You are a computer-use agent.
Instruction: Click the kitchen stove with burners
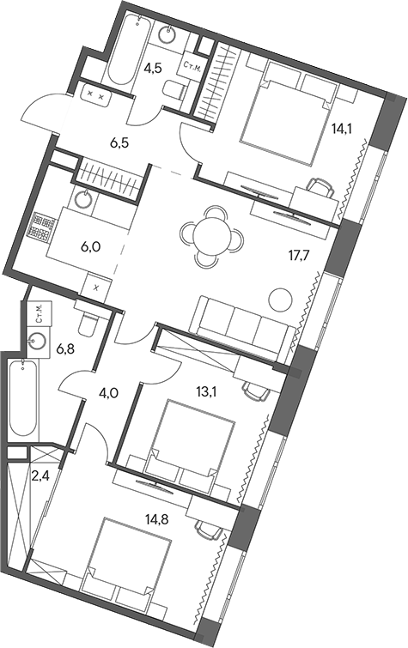pos(40,227)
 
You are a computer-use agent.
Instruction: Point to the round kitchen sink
pos(83,201)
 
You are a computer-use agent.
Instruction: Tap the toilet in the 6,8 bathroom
pos(86,323)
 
